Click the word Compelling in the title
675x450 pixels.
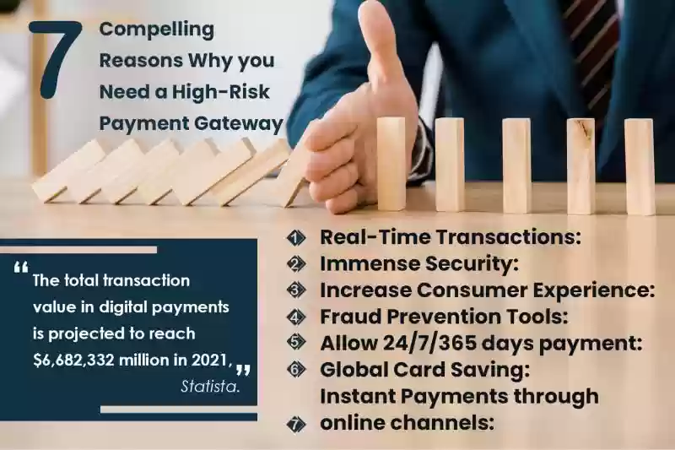(x=157, y=30)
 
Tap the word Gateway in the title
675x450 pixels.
(x=239, y=123)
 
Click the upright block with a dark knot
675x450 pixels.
(x=581, y=165)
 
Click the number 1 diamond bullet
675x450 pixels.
(x=296, y=238)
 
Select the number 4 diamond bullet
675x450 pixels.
(x=296, y=317)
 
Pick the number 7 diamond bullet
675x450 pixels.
(x=296, y=425)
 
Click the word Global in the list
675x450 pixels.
(x=353, y=370)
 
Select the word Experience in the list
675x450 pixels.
(x=594, y=290)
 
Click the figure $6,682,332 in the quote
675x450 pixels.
(x=73, y=361)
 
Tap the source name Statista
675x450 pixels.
(x=209, y=387)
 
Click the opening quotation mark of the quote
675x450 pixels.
(x=20, y=268)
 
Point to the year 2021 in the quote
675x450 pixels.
(x=210, y=360)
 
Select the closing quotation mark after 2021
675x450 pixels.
(x=243, y=371)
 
